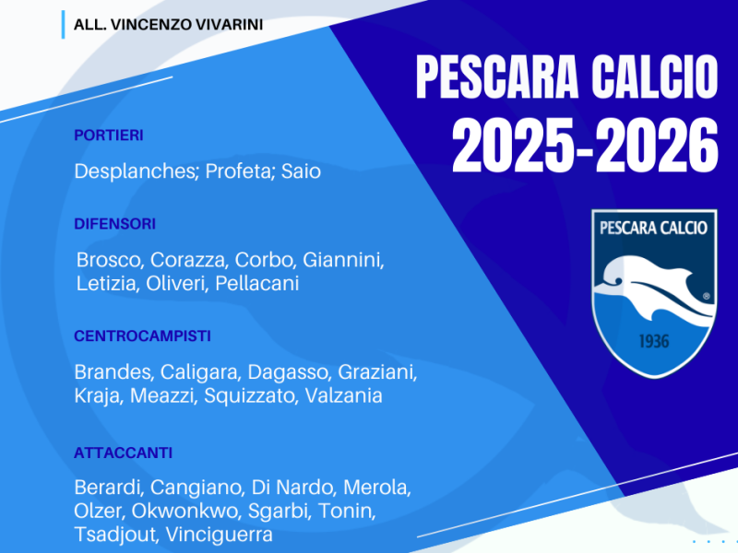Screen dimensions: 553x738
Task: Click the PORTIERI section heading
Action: pyautogui.click(x=109, y=135)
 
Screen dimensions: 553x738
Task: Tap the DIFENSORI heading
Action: pyautogui.click(x=115, y=224)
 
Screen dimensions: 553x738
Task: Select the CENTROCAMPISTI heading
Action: pyautogui.click(x=142, y=336)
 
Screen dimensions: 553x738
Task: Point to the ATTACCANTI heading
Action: pyautogui.click(x=124, y=453)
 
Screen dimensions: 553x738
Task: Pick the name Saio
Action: pyautogui.click(x=301, y=172)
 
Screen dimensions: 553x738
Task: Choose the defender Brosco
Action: pyautogui.click(x=109, y=260)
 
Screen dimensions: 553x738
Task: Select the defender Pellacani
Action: pyautogui.click(x=257, y=284)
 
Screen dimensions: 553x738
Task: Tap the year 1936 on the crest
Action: pyautogui.click(x=654, y=342)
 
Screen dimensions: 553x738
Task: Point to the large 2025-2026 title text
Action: pyautogui.click(x=584, y=146)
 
